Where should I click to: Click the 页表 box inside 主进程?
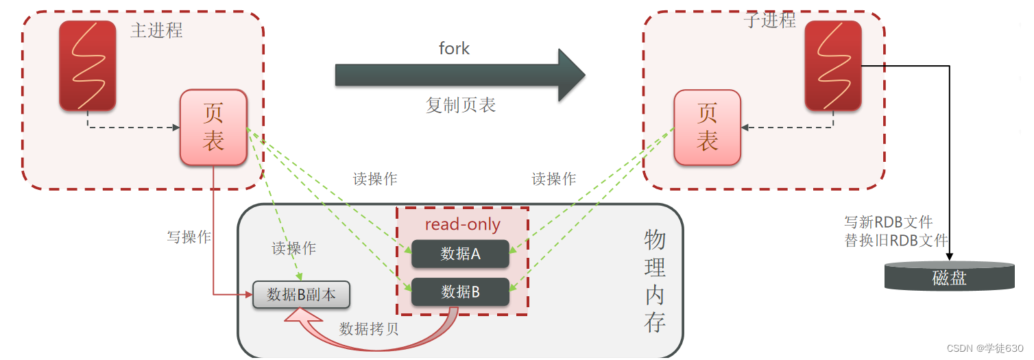[213, 128]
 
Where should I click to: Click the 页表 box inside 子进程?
[707, 128]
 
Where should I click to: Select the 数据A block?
[460, 254]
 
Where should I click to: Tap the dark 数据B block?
[460, 292]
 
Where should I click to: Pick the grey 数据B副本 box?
[301, 295]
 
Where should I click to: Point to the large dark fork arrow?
[459, 75]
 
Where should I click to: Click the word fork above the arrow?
[454, 48]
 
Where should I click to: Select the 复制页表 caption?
[460, 105]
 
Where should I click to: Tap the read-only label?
[462, 224]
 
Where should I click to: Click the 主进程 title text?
[156, 31]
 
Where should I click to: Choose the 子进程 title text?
[769, 21]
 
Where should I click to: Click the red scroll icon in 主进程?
[87, 66]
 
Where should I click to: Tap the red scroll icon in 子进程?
[832, 66]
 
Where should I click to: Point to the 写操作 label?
[189, 237]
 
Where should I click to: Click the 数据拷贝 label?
[369, 328]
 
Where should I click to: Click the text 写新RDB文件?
[888, 222]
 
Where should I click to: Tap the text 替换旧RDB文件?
[895, 240]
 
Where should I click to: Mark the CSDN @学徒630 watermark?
[985, 348]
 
